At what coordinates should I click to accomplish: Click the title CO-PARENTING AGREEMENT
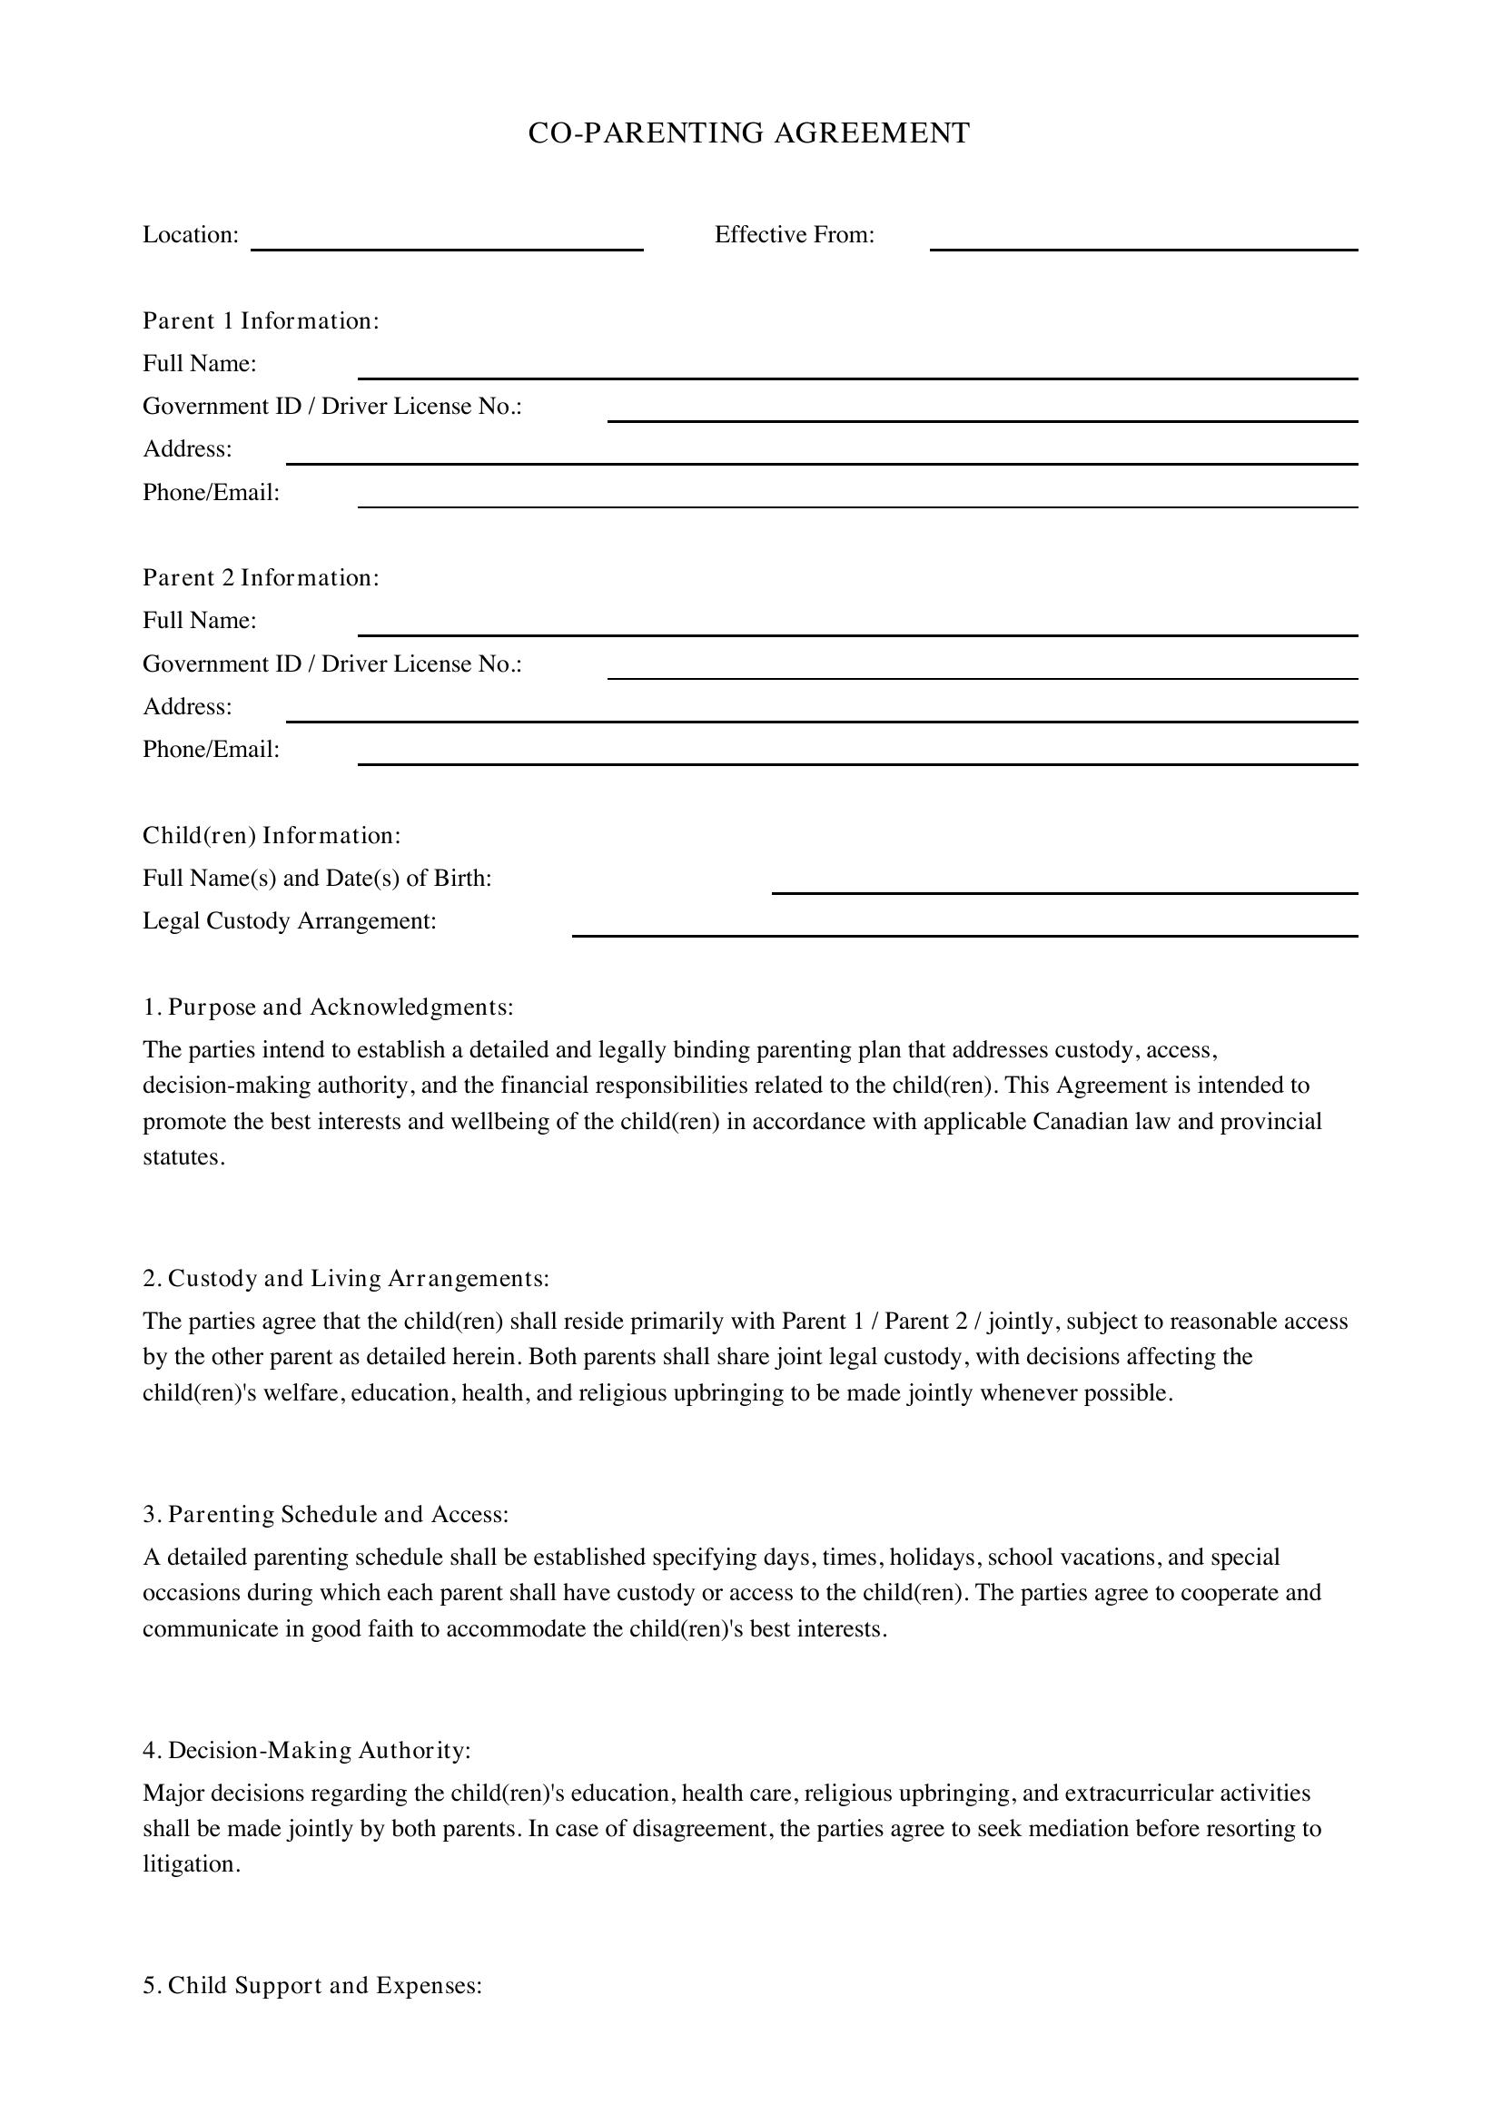(x=749, y=133)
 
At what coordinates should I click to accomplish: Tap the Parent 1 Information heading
(x=261, y=320)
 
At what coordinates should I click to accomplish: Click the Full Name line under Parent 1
(x=857, y=369)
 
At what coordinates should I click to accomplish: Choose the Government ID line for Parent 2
(x=983, y=671)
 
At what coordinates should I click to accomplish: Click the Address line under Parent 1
(x=821, y=455)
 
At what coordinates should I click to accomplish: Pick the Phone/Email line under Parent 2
(x=857, y=755)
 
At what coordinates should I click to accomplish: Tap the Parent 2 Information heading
(x=261, y=578)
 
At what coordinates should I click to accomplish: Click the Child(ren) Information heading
(x=272, y=836)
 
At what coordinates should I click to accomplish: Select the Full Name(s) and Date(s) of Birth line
(x=1064, y=885)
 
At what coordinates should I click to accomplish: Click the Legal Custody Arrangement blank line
(x=964, y=928)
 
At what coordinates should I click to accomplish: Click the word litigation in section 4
(x=190, y=1864)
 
